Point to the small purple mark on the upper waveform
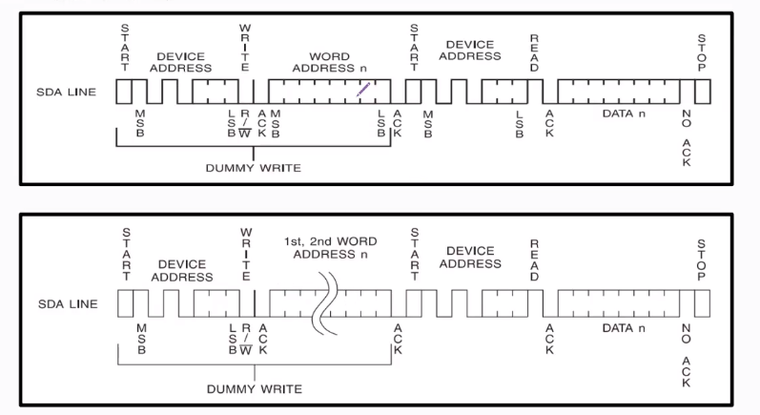pyautogui.click(x=363, y=89)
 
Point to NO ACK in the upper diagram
pyautogui.click(x=687, y=137)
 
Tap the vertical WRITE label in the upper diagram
pyautogui.click(x=245, y=40)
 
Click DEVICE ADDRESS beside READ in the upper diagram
pyautogui.click(x=469, y=50)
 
